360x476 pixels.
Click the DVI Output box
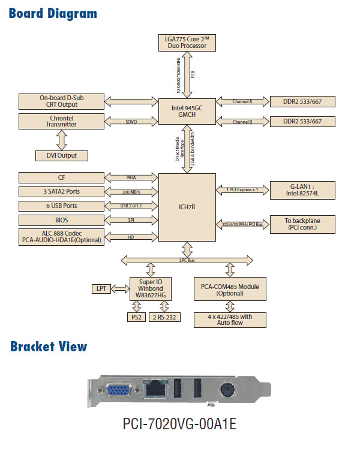point(61,156)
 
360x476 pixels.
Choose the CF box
point(61,177)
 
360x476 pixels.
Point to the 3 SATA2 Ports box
point(61,192)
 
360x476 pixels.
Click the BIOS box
point(61,221)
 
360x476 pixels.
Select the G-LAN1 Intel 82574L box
point(302,190)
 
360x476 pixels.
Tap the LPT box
point(101,289)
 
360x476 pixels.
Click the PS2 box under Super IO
point(135,317)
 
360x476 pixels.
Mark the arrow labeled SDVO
point(131,121)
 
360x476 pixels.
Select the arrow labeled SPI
point(131,221)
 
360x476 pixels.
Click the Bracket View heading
point(49,347)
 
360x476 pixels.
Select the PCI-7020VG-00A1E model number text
point(179,424)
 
